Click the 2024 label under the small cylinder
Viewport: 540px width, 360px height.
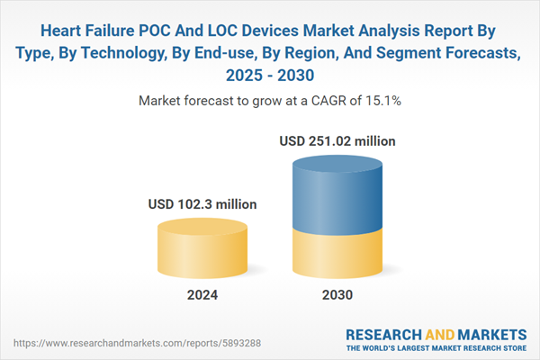[x=202, y=294]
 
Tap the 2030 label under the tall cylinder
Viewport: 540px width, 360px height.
[x=337, y=294]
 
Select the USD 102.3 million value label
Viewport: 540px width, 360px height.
[x=202, y=205]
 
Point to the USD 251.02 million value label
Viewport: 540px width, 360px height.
[x=337, y=141]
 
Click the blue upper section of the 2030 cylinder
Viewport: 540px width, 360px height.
[x=337, y=193]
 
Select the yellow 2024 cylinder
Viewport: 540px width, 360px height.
[x=202, y=247]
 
